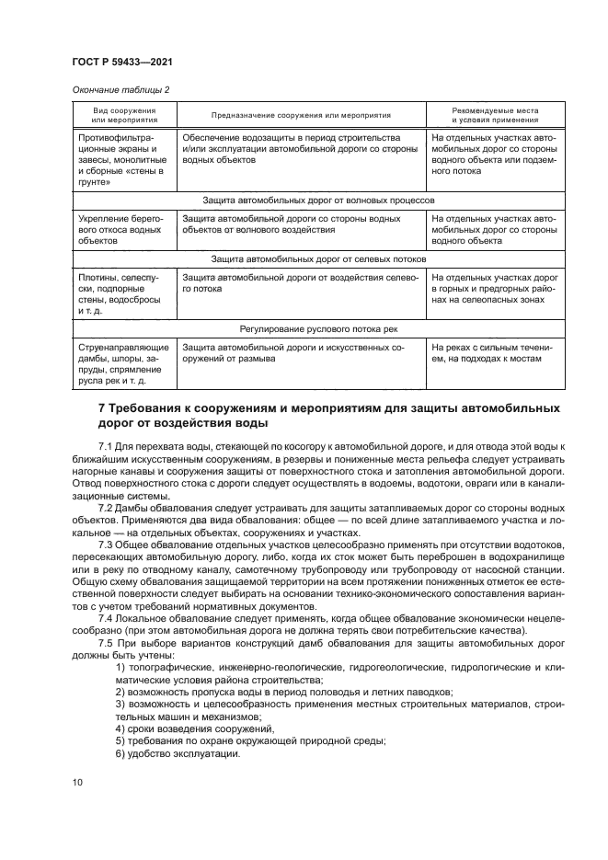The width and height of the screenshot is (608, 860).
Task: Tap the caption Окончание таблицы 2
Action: (120, 89)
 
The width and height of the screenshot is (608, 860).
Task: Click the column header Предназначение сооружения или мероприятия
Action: (301, 115)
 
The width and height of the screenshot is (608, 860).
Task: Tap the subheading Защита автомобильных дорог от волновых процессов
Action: (317, 199)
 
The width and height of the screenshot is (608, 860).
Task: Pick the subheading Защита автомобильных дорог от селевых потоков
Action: (317, 260)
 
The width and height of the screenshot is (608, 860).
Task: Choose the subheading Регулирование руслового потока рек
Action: (318, 328)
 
